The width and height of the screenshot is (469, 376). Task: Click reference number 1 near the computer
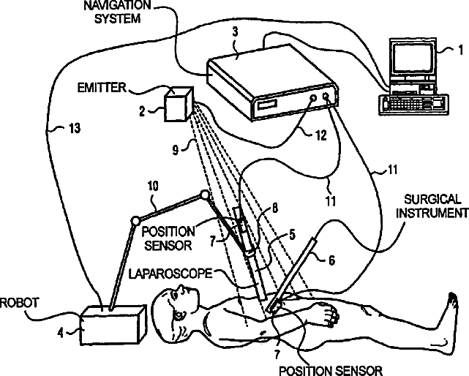459,50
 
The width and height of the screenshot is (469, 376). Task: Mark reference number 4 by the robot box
71,331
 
